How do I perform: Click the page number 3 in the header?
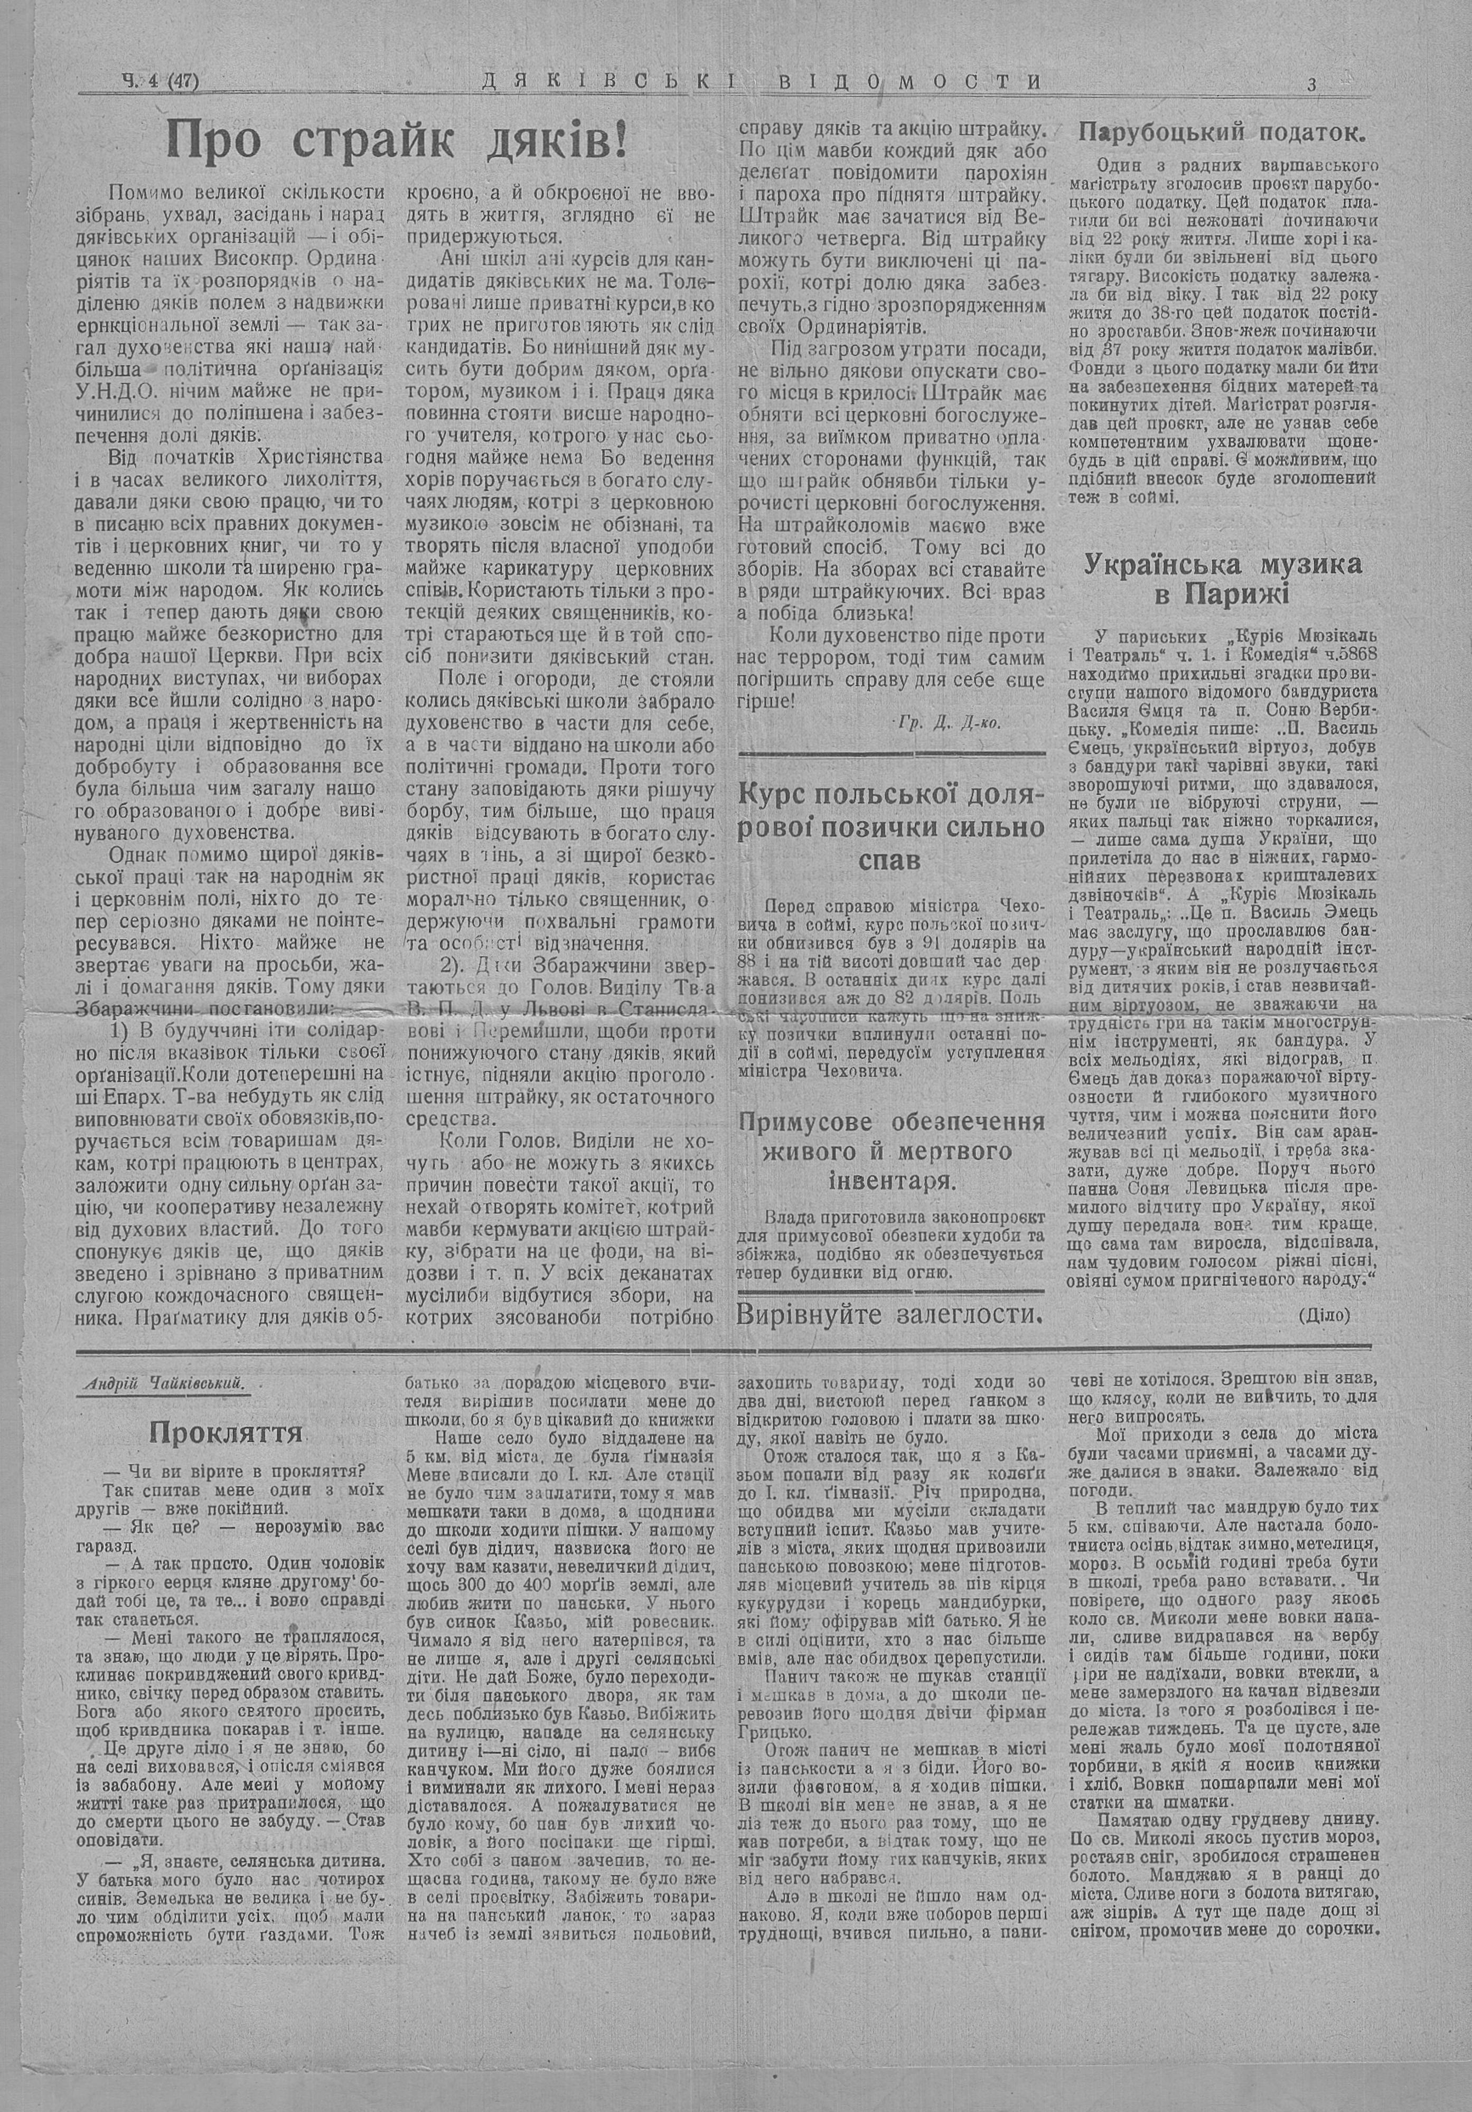coord(1312,84)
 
